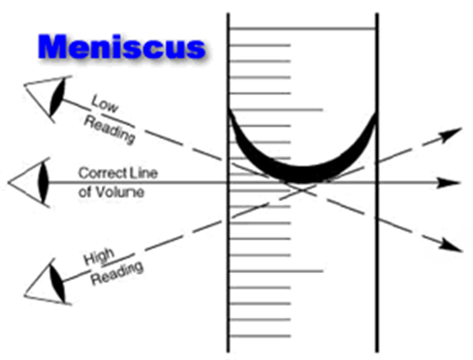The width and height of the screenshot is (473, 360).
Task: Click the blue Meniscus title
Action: coord(122,47)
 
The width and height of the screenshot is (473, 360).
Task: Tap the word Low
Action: coord(105,103)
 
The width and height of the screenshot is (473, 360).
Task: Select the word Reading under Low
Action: coord(109,130)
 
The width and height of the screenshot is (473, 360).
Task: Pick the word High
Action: coord(99,257)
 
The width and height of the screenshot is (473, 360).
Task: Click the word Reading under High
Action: coord(117,274)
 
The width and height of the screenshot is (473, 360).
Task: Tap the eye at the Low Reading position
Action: coord(48,98)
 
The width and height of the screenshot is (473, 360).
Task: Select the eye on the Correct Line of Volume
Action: coord(30,183)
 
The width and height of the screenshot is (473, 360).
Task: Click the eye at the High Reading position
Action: coord(48,281)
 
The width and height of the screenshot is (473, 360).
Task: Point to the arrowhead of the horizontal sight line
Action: coord(449,183)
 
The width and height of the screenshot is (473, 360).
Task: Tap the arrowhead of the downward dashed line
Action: coord(451,245)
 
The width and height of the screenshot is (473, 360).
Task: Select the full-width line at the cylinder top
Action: coord(303,29)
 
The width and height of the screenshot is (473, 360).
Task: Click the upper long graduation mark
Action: coord(276,109)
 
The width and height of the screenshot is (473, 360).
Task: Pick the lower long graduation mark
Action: coord(276,271)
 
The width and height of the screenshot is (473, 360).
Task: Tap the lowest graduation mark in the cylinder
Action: coord(260,336)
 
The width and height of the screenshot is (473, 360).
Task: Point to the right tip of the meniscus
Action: coord(376,113)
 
